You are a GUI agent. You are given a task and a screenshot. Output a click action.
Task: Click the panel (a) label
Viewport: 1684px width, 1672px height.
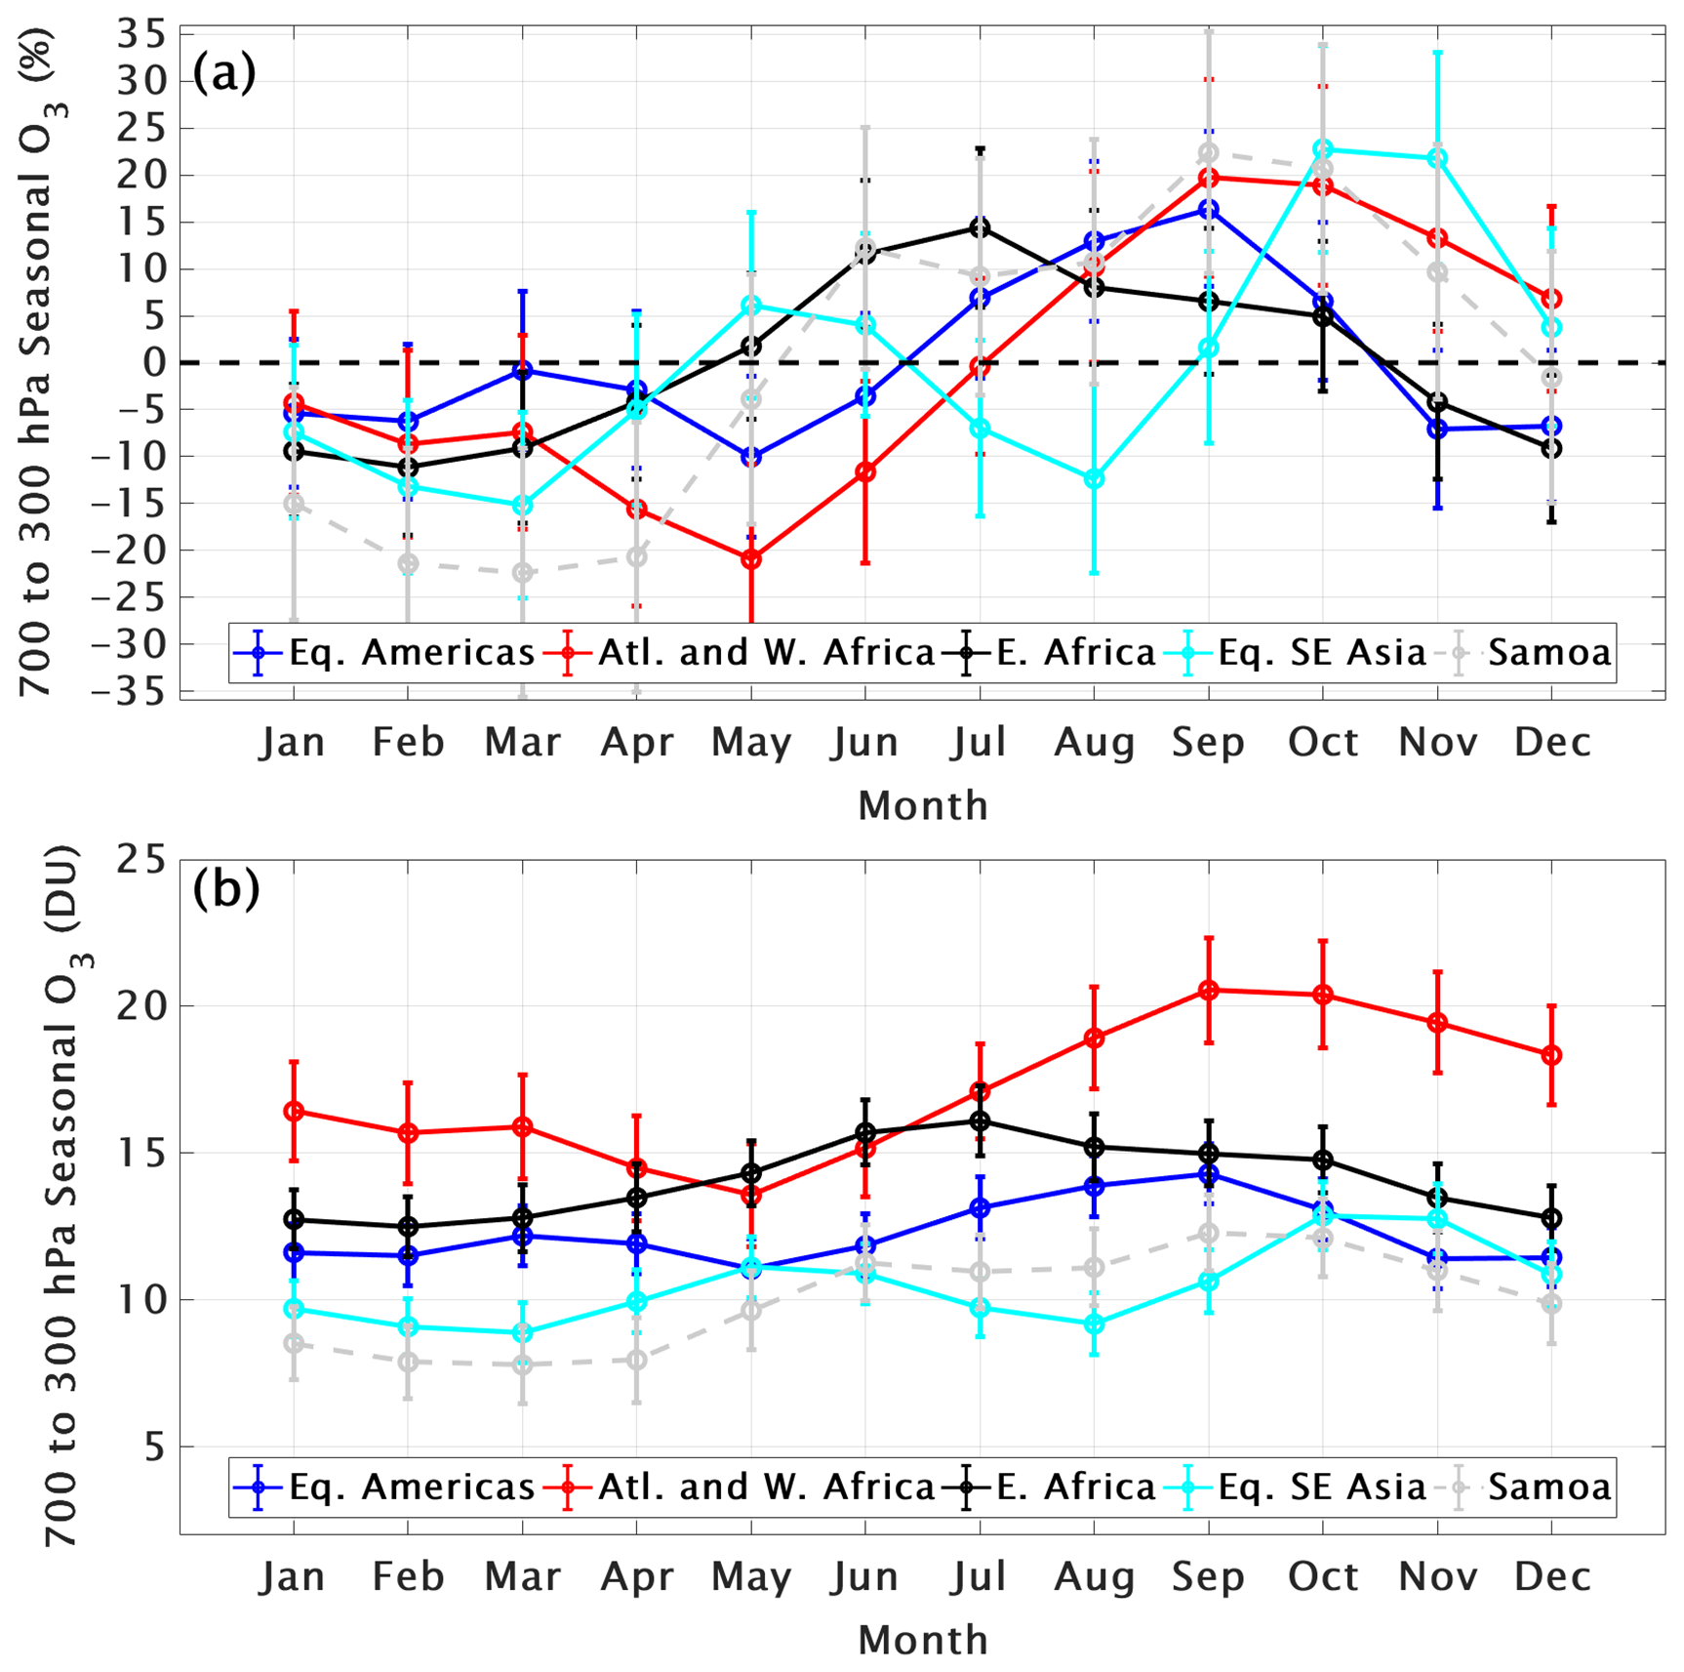(224, 73)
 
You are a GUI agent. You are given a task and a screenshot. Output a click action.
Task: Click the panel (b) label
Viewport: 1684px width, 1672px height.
(225, 889)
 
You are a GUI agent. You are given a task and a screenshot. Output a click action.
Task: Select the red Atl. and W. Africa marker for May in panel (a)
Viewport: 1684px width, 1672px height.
(751, 559)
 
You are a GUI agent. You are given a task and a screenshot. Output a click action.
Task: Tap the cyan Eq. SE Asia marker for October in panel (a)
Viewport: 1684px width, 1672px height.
(1323, 149)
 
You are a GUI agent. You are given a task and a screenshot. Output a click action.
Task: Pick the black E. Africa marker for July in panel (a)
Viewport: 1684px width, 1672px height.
(980, 227)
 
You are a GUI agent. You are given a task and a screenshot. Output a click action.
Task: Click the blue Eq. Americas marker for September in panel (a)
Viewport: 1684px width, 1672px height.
(1209, 210)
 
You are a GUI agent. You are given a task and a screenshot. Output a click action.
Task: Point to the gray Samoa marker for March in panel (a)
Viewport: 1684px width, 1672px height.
(523, 572)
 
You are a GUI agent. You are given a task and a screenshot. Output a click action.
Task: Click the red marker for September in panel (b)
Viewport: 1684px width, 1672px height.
(1209, 991)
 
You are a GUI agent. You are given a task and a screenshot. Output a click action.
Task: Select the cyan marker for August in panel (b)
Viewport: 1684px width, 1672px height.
(1095, 1324)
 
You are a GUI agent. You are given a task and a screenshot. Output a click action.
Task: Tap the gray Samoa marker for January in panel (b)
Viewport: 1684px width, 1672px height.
(294, 1343)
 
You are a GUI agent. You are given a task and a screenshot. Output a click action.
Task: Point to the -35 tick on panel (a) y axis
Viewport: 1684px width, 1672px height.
(142, 690)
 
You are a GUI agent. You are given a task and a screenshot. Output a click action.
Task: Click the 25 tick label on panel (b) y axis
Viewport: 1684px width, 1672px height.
(142, 860)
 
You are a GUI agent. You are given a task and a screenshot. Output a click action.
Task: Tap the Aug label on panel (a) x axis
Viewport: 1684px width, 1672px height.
(1095, 743)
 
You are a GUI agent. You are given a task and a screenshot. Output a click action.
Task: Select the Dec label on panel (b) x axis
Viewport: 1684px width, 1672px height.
(1551, 1577)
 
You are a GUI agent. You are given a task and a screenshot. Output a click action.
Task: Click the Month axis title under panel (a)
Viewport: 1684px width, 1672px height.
(923, 806)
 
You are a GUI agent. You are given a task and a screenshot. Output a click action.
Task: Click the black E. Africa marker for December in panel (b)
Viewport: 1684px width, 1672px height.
(1551, 1218)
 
